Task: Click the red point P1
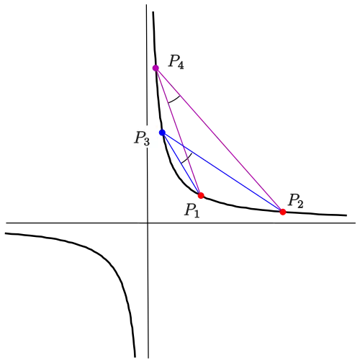201,195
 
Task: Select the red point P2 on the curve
283,212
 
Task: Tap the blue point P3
163,133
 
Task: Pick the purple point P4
156,68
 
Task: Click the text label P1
192,210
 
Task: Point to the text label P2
296,200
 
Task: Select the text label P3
142,138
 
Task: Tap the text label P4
176,62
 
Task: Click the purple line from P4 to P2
220,140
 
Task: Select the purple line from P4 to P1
179,132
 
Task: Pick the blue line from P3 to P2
222,172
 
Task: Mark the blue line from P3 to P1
181,164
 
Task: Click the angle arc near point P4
174,100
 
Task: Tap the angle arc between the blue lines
187,159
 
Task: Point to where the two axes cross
148,223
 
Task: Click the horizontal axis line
181,223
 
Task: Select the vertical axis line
147,181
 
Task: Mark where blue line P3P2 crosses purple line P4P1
184,146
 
